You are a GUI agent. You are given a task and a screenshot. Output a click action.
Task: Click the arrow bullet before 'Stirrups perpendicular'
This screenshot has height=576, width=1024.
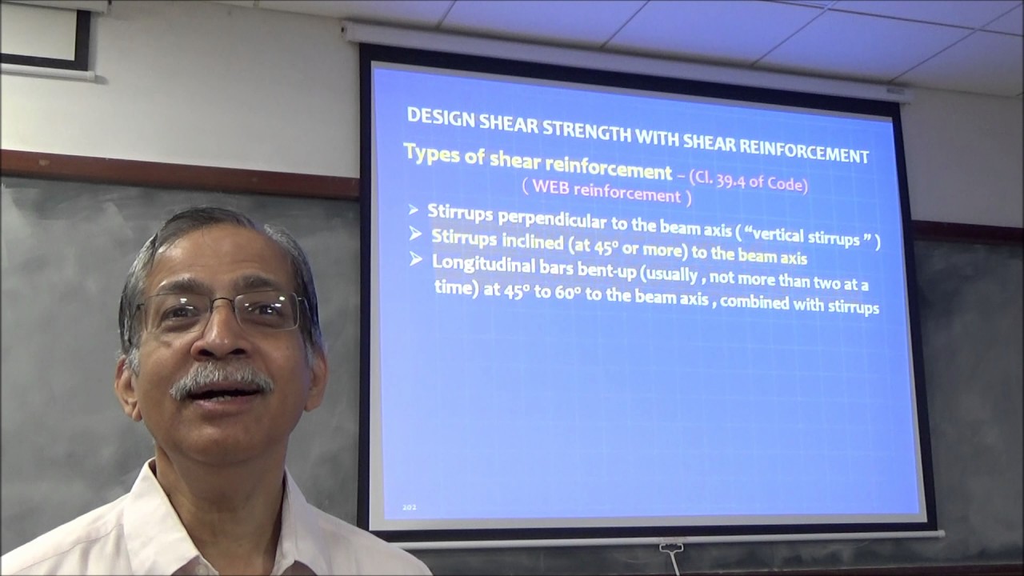pyautogui.click(x=414, y=210)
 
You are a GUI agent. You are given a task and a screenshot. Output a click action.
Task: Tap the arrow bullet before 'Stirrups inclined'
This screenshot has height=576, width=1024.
pyautogui.click(x=415, y=234)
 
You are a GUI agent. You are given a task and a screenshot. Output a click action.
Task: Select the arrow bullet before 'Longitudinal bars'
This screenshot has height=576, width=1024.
pyautogui.click(x=415, y=259)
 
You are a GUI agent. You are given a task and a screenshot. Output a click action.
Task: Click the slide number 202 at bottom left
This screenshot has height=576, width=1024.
pyautogui.click(x=410, y=507)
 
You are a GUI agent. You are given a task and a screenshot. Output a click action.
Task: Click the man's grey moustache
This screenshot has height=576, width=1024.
pyautogui.click(x=220, y=377)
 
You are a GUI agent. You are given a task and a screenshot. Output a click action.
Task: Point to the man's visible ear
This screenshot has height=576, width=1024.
pyautogui.click(x=127, y=384)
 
